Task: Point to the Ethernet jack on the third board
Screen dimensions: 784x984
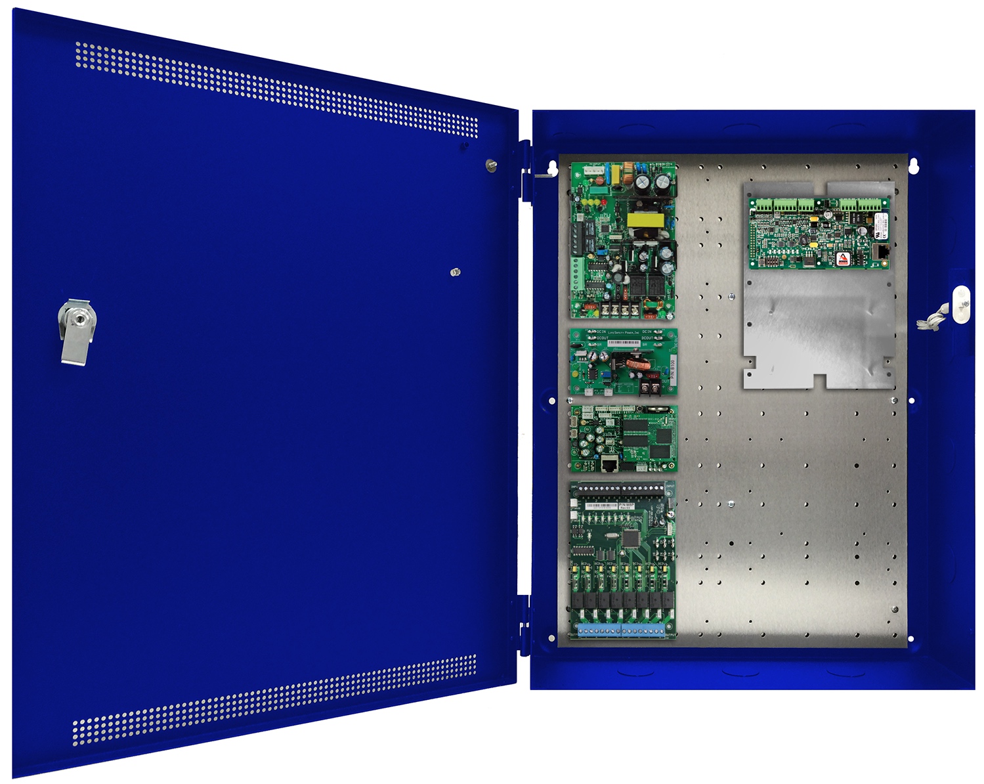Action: pos(609,465)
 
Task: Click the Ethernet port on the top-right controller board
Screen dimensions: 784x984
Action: pos(883,252)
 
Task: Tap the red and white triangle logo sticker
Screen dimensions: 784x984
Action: pos(843,258)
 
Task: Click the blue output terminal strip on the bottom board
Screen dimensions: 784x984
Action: pos(621,631)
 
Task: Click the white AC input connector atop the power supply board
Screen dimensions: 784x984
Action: pos(595,170)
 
